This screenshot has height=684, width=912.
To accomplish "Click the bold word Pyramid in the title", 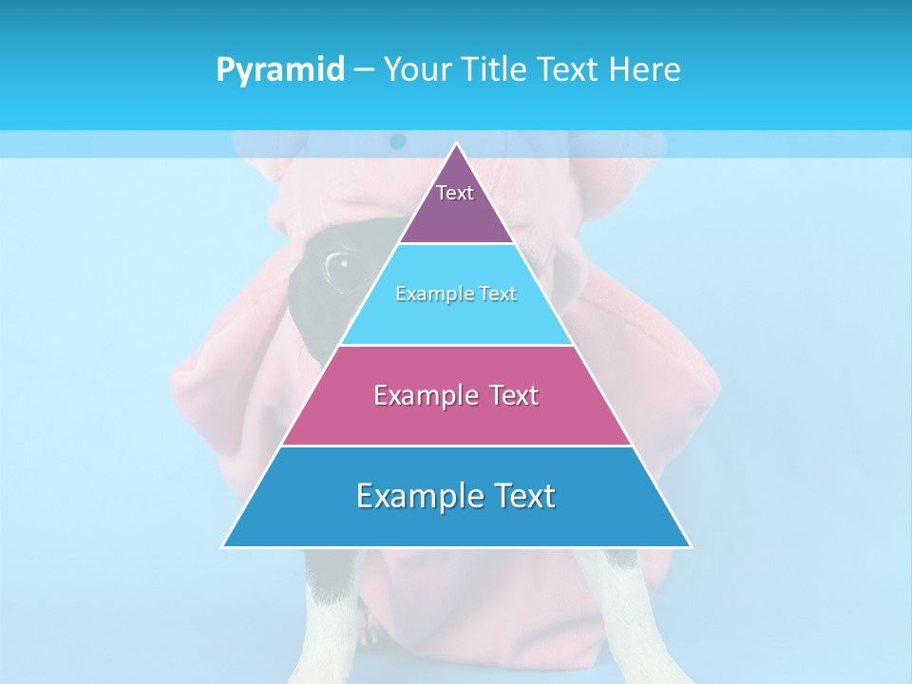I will [280, 69].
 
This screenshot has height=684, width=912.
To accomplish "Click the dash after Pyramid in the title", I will [363, 70].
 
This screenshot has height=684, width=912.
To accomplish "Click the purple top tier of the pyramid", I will [456, 214].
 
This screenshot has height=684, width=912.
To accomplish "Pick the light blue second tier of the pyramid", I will [456, 318].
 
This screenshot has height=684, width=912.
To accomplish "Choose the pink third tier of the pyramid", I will [456, 418].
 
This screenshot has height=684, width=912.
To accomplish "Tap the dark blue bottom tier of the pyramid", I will [456, 522].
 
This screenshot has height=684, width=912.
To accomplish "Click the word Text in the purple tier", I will [455, 193].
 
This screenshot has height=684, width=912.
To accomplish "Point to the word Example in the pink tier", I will [423, 395].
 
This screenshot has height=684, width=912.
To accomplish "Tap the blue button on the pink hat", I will [398, 142].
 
